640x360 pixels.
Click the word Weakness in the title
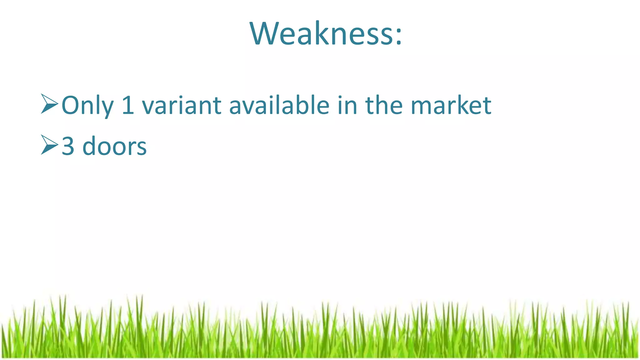coord(321,34)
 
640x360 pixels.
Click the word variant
coord(182,106)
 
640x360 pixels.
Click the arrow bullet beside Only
coord(49,103)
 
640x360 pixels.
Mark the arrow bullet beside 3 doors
coord(49,145)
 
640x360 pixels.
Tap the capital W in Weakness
coord(263,34)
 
